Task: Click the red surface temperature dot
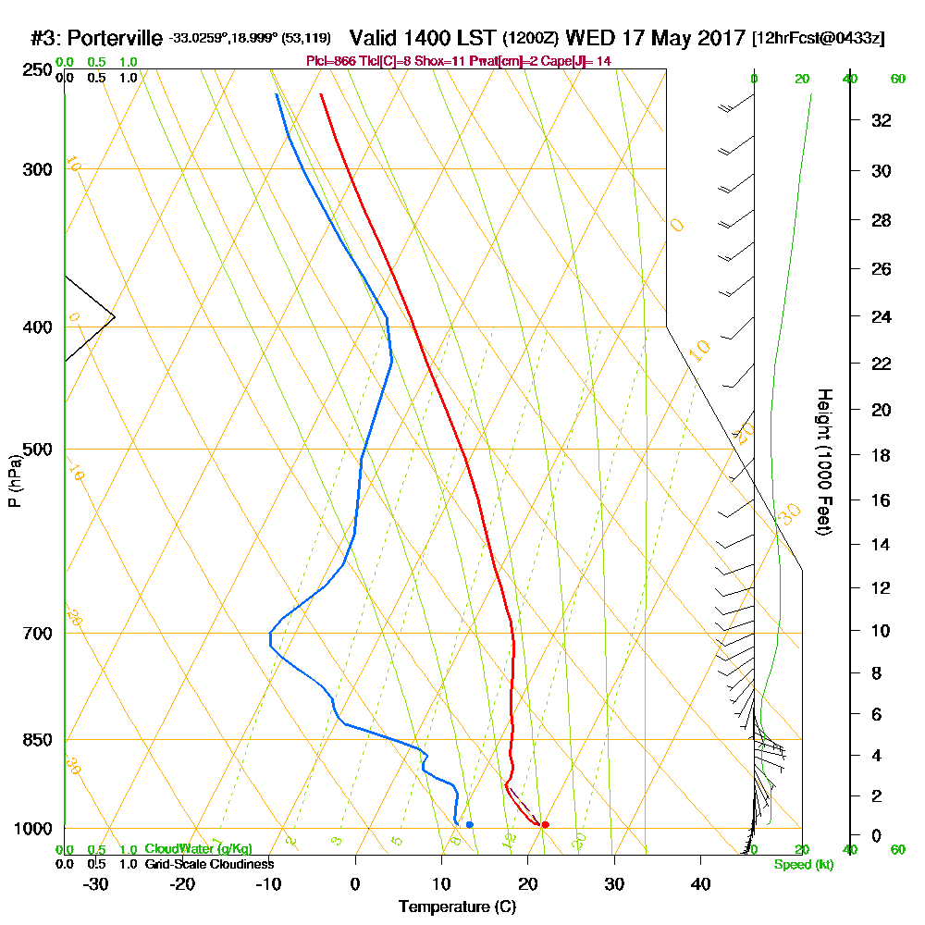545,824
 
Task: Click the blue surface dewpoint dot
470,824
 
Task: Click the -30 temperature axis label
96,882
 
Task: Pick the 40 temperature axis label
700,882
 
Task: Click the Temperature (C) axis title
457,906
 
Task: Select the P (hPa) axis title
14,480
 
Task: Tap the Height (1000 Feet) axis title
823,462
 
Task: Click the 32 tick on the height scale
881,120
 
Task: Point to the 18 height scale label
881,455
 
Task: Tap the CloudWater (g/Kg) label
198,849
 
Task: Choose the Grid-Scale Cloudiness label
209,864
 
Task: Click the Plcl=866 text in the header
330,60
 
